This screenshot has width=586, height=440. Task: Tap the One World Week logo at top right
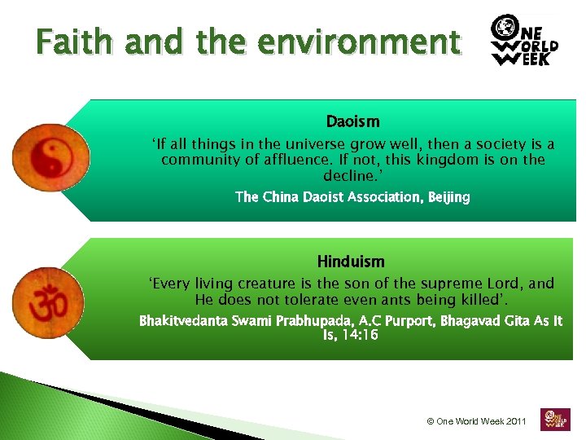pyautogui.click(x=525, y=40)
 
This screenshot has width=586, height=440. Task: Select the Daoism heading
pyautogui.click(x=352, y=122)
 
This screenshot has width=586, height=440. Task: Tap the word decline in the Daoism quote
pyautogui.click(x=350, y=175)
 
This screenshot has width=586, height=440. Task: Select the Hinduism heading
pyautogui.click(x=351, y=262)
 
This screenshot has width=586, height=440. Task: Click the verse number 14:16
pyautogui.click(x=361, y=335)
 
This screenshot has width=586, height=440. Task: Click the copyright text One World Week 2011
pyautogui.click(x=477, y=421)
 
